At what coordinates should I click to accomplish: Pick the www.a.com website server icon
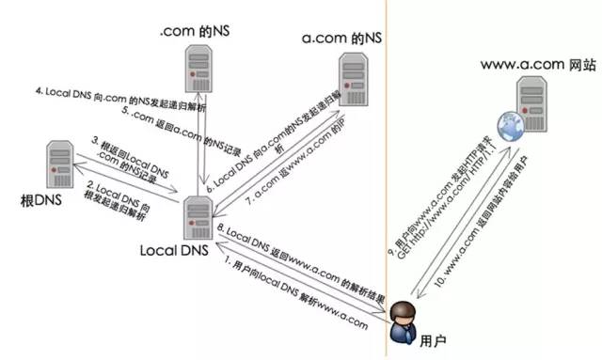(533, 103)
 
